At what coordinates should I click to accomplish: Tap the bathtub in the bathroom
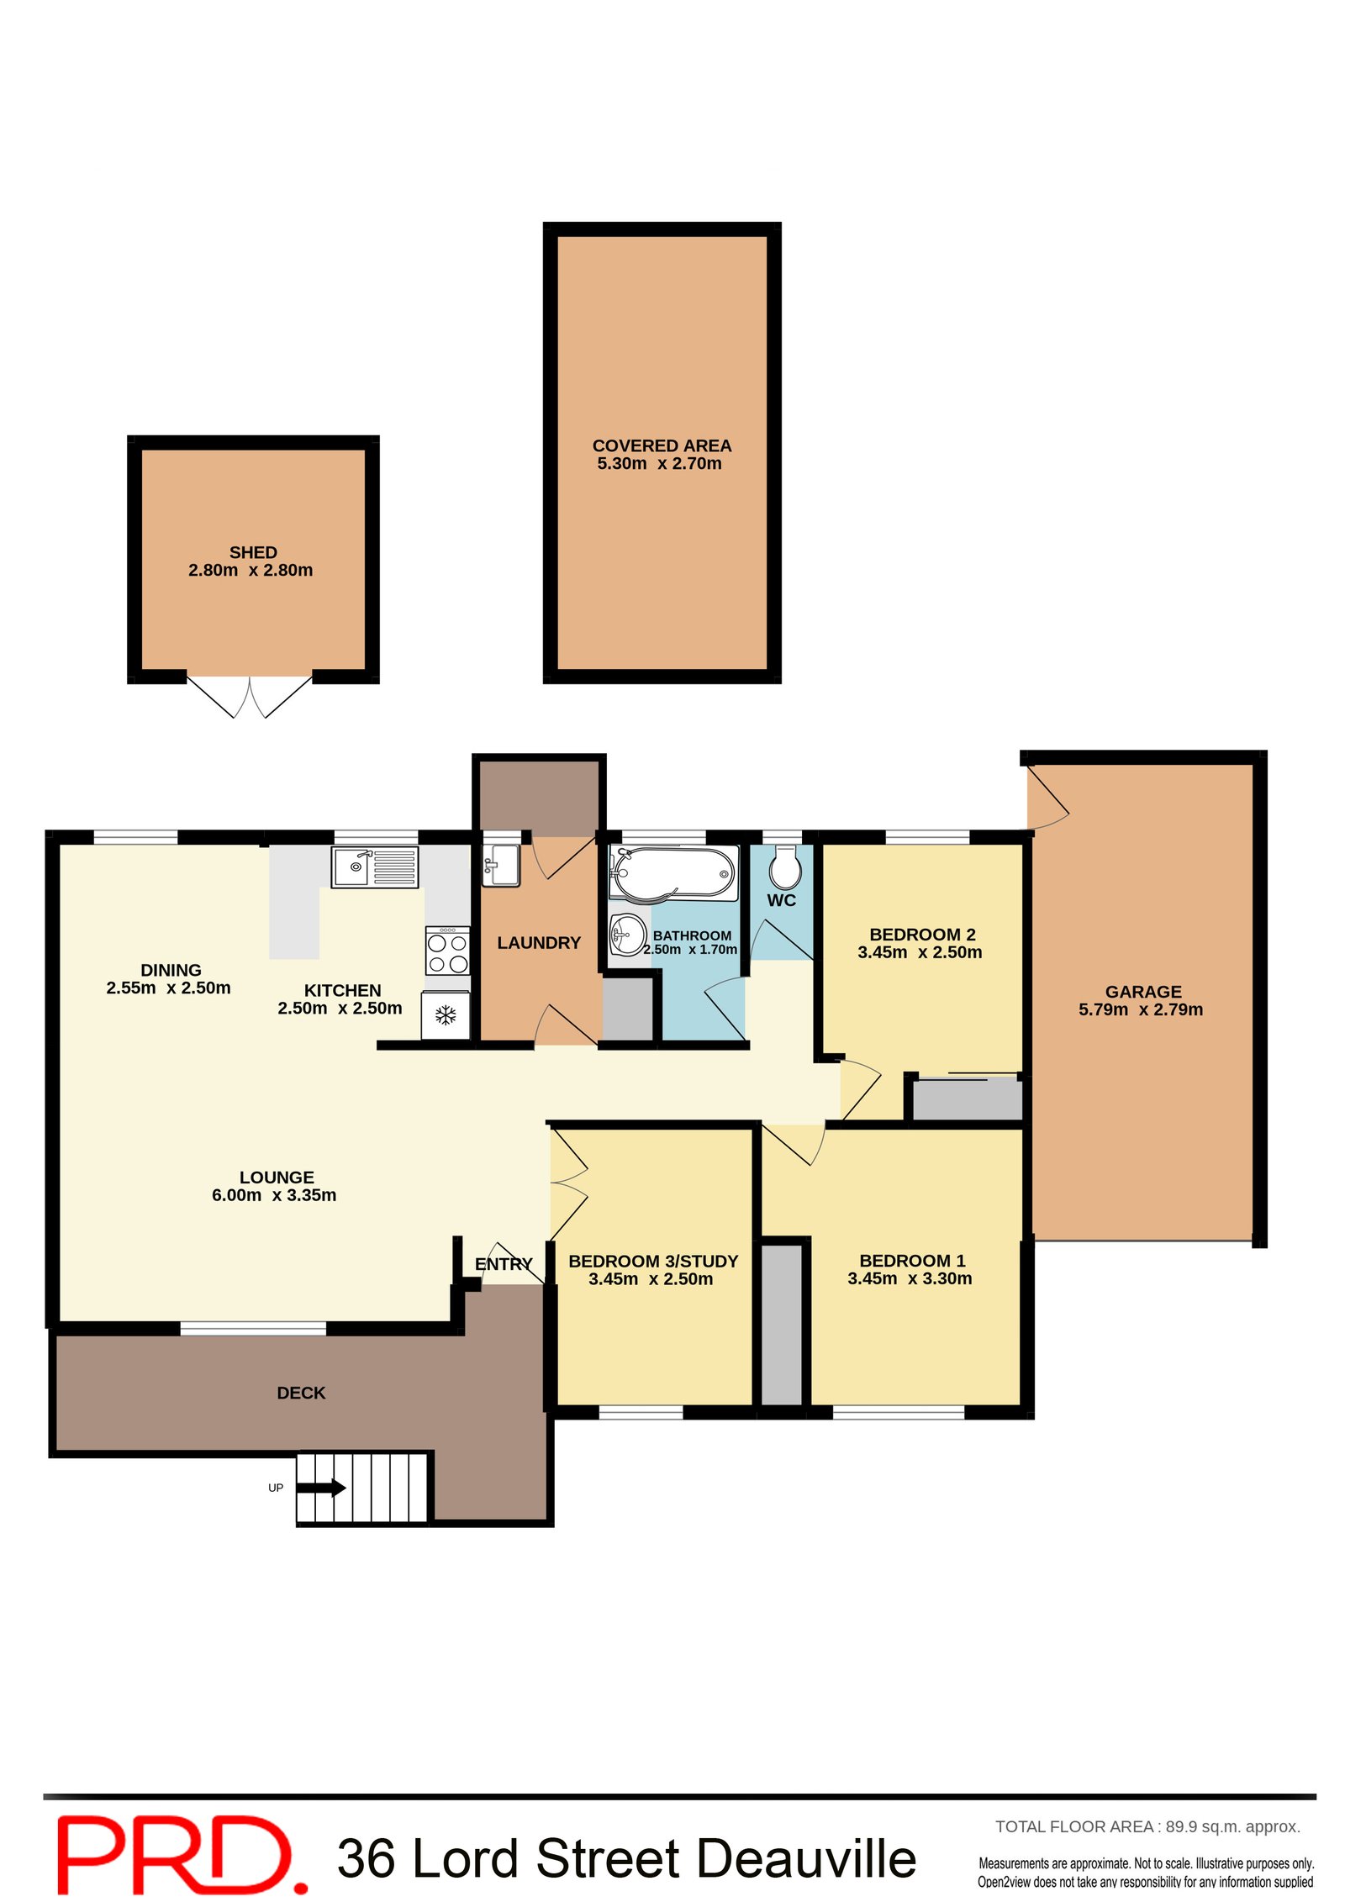pos(673,872)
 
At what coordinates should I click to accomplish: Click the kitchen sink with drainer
pos(375,867)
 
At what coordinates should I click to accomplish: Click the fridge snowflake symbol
pos(446,1015)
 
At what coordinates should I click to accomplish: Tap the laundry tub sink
pos(501,866)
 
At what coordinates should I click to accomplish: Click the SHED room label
pos(253,552)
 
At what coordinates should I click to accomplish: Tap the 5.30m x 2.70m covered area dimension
pos(659,463)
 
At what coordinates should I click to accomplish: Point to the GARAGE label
pos(1142,992)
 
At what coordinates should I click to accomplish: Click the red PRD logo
pos(181,1855)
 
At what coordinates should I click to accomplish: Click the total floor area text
pos(1147,1826)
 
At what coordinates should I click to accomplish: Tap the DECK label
pos(301,1393)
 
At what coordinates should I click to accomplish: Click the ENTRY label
pos(503,1264)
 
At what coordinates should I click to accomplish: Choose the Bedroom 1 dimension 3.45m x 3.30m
pos(909,1278)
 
